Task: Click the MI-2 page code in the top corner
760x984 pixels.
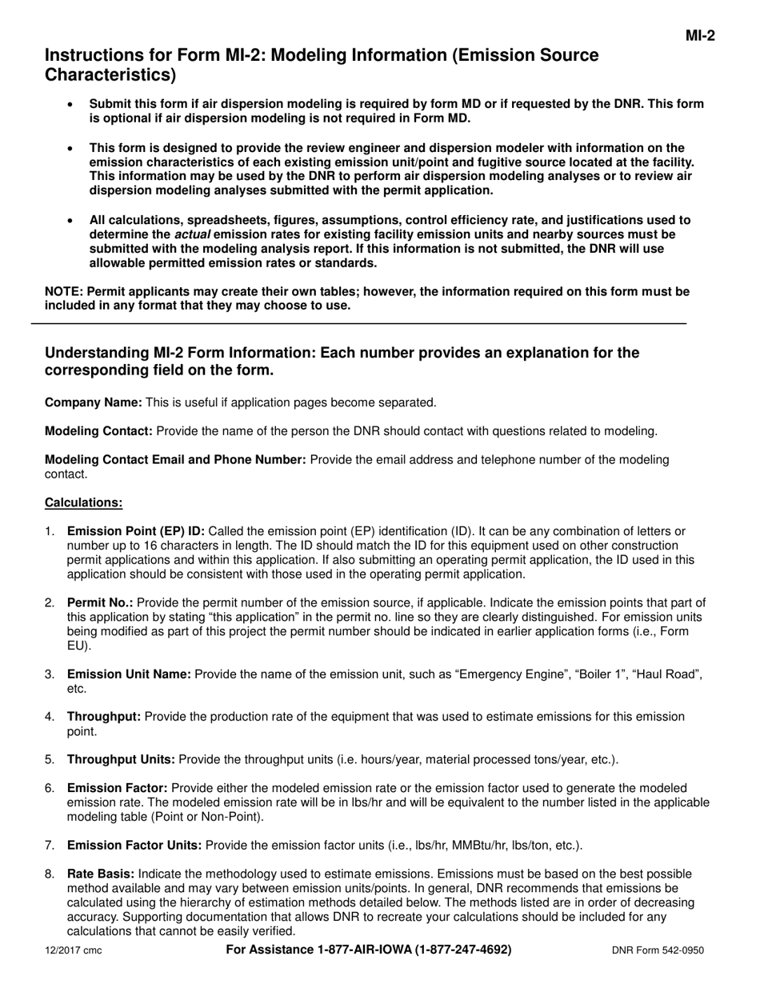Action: [x=699, y=35]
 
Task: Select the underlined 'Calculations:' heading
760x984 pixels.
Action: [x=83, y=502]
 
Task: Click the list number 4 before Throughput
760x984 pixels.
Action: [x=50, y=717]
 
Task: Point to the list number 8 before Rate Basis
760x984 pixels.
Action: [x=50, y=874]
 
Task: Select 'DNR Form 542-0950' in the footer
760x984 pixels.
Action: [x=658, y=951]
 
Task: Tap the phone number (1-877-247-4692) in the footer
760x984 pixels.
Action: [x=463, y=950]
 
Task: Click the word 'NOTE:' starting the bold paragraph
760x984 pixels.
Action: [x=63, y=292]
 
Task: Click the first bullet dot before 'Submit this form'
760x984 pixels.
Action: [x=72, y=105]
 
